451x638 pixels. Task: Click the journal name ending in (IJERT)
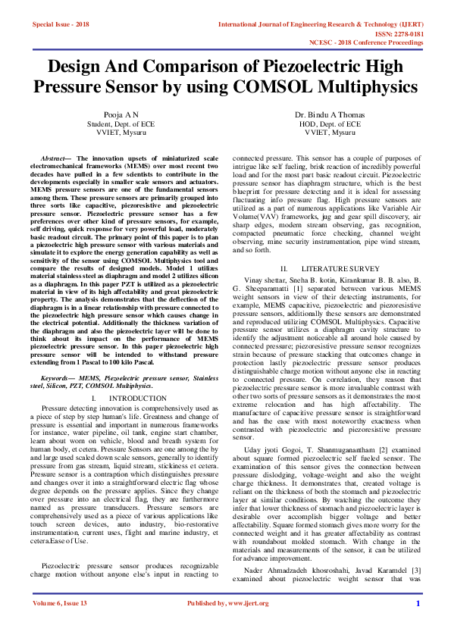click(x=321, y=24)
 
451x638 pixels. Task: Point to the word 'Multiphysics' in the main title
click(x=355, y=86)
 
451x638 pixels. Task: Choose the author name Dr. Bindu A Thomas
click(x=329, y=114)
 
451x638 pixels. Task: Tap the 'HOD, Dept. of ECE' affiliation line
click(x=329, y=123)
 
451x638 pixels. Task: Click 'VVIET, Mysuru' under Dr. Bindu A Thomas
click(x=329, y=132)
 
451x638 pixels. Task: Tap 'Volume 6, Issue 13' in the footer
click(x=60, y=624)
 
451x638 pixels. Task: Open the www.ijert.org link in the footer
click(x=249, y=624)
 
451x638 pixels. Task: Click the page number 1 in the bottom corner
click(x=417, y=624)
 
